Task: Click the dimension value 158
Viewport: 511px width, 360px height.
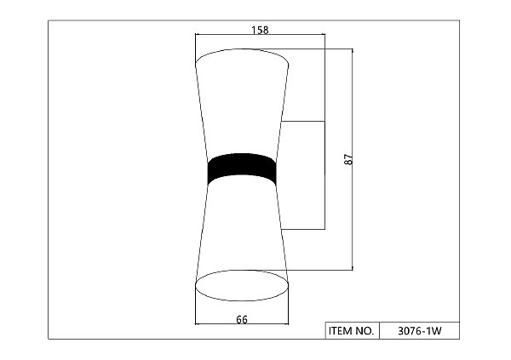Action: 260,30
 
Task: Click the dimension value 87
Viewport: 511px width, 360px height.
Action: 348,159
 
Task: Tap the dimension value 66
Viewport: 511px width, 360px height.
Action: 242,320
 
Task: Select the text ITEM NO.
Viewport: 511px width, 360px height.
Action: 351,331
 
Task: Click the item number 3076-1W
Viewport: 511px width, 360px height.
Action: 420,331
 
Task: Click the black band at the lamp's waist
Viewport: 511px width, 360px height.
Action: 242,169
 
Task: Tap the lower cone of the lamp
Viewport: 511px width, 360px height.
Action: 242,228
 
